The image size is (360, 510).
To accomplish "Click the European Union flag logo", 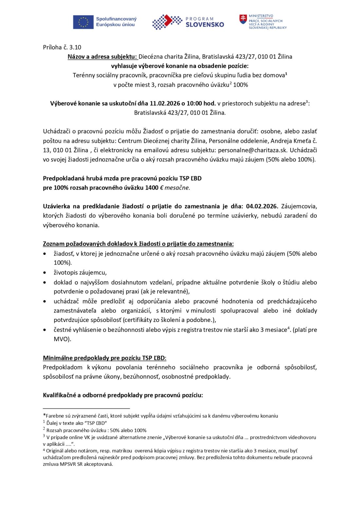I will (83, 22).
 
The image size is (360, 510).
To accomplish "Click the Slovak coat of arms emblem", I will (243, 19).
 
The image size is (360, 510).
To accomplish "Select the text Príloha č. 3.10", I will (62, 47).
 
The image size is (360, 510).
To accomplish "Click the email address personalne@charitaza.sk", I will (253, 150).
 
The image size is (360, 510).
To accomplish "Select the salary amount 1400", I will (152, 188).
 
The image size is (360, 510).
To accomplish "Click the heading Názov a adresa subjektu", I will (102, 57).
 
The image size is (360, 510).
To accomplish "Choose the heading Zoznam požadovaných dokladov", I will (138, 244).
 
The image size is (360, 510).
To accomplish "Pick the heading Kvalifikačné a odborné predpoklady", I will (123, 395).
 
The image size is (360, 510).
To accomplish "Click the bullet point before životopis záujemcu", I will (45, 273).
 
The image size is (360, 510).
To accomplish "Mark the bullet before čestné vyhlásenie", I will (45, 330).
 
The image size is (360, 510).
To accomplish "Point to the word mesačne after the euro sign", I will (177, 188).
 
